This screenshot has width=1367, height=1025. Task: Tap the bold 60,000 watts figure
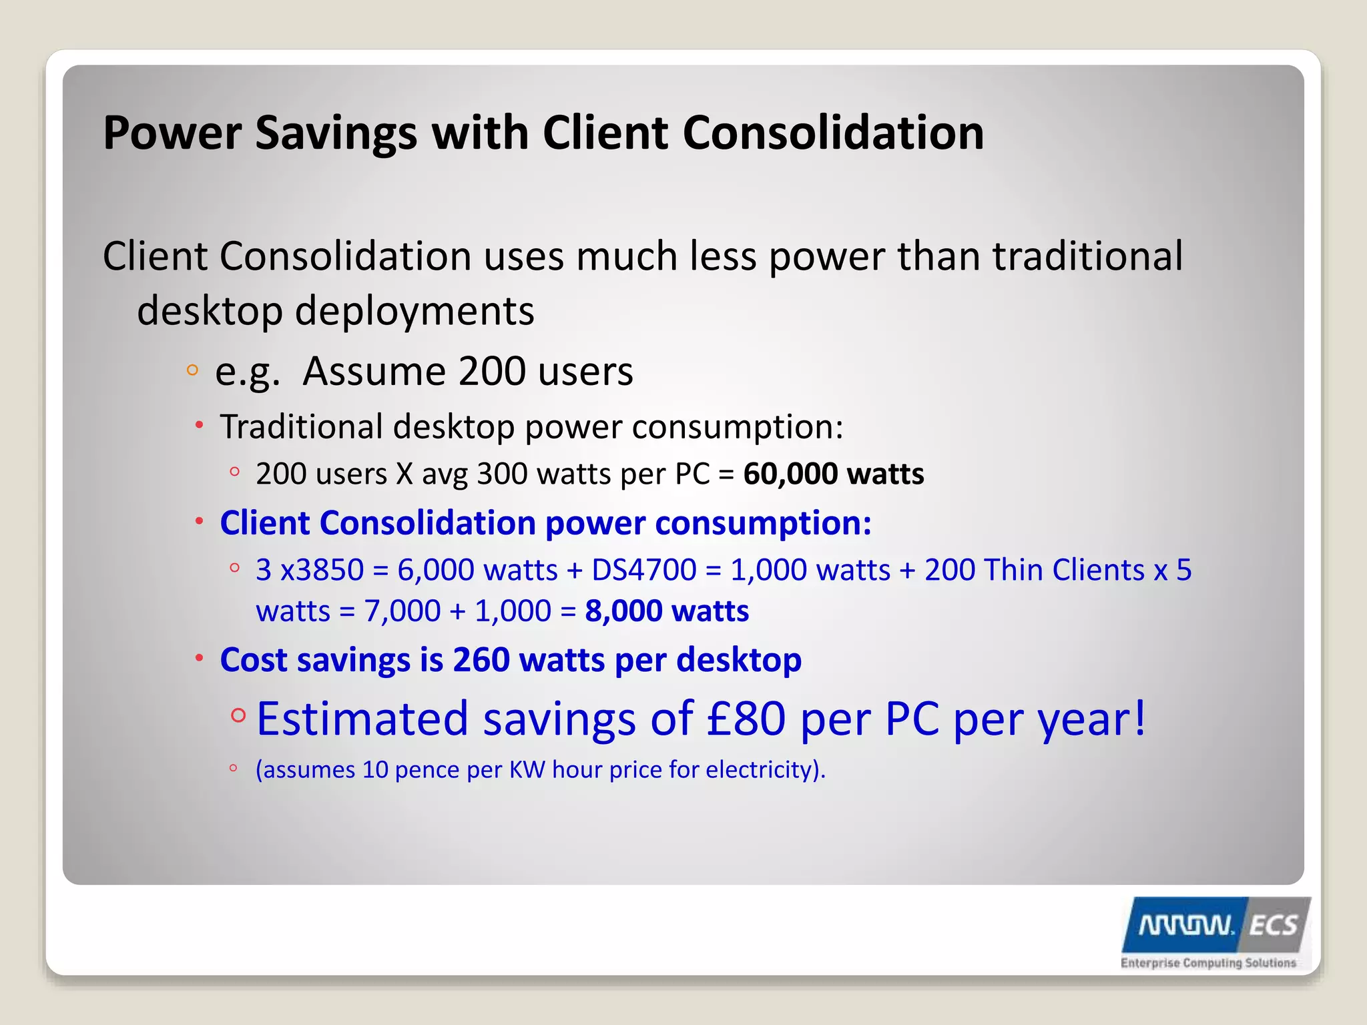(x=833, y=474)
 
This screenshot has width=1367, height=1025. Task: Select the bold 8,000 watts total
(x=666, y=611)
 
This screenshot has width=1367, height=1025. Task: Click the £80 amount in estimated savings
(x=746, y=719)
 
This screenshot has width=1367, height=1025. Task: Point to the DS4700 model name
(x=643, y=571)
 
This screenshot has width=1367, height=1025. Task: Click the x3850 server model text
(x=321, y=571)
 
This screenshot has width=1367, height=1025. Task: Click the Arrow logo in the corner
(x=1185, y=926)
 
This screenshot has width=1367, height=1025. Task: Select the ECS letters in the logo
(x=1273, y=926)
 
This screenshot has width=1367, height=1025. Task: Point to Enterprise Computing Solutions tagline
(x=1207, y=963)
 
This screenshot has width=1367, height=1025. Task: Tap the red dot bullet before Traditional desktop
(x=199, y=424)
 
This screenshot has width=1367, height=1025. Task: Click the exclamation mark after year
(x=1138, y=718)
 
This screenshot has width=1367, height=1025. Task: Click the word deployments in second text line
(x=414, y=311)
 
